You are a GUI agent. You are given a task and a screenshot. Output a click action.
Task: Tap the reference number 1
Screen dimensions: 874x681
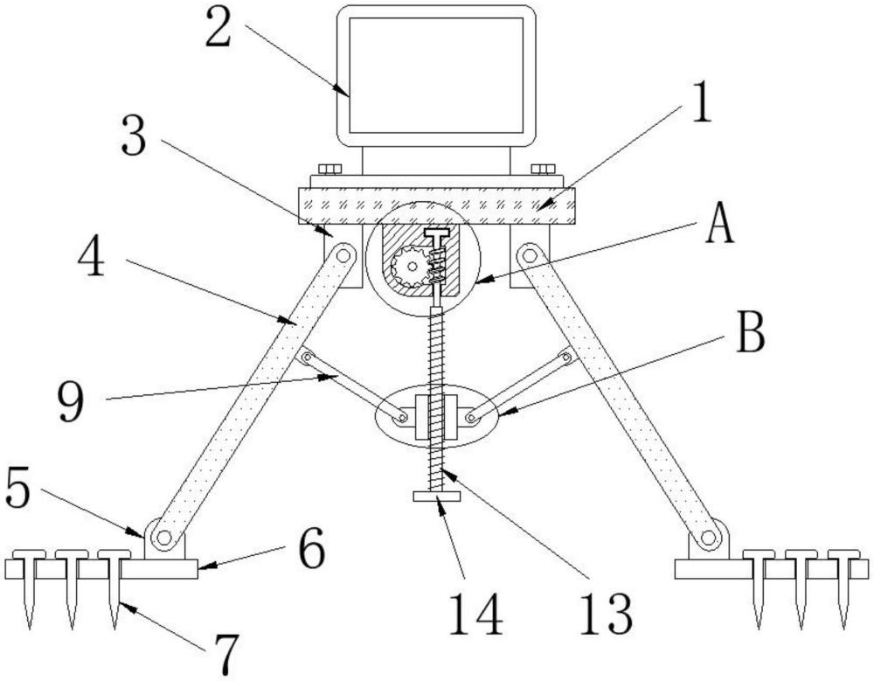(701, 101)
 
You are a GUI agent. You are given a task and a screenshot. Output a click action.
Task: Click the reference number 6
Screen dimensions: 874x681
(311, 548)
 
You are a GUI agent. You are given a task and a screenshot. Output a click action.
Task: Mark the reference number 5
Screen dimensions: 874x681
(18, 488)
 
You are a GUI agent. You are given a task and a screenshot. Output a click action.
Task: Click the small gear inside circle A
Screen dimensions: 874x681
(408, 266)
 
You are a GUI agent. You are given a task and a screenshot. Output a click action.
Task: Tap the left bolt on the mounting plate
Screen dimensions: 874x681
(329, 169)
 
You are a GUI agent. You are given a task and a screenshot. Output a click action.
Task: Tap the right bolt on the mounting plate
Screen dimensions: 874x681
(543, 169)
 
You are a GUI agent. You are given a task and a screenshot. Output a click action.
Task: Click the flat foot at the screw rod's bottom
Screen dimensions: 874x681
(437, 497)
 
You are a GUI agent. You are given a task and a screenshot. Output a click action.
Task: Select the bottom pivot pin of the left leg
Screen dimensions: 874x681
(164, 538)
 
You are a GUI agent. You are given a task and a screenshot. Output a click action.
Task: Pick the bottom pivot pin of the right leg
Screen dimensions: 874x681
(708, 538)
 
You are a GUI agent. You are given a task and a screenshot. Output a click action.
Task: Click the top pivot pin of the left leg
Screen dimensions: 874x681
(344, 255)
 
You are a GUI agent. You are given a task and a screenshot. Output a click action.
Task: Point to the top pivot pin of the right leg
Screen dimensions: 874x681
(529, 255)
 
